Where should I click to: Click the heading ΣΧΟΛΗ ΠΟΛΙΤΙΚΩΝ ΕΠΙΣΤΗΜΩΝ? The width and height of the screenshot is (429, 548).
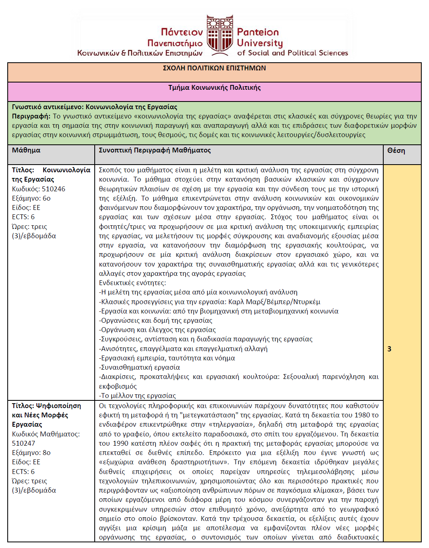214,68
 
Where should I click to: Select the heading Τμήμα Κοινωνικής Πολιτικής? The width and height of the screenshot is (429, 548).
214,87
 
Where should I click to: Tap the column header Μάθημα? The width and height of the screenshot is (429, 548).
26,150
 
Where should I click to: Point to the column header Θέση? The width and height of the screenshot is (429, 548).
396,150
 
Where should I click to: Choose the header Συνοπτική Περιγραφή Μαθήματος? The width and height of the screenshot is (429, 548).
155,150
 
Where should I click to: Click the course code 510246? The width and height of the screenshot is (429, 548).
53,189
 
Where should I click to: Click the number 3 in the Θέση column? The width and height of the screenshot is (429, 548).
389,349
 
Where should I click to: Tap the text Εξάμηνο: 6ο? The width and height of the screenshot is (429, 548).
31,198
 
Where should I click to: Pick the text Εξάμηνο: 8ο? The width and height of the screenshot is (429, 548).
31,453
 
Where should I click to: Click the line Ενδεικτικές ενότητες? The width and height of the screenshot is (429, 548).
132,283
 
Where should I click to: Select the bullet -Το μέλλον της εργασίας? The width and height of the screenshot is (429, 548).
138,396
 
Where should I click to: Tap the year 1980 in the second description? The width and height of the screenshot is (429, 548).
362,415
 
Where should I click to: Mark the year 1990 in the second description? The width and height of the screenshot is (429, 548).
121,443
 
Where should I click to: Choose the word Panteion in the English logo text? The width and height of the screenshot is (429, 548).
258,32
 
